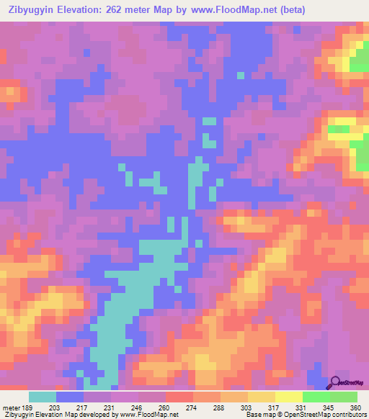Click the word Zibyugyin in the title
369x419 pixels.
pyautogui.click(x=30, y=10)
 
